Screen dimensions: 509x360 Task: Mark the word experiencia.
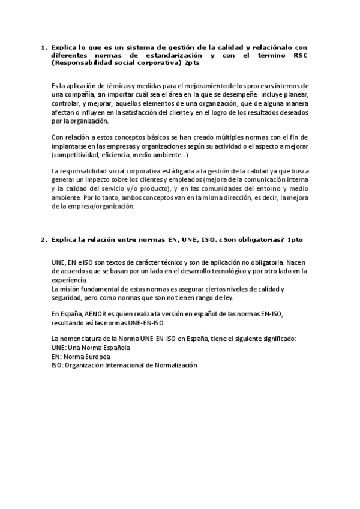point(69,280)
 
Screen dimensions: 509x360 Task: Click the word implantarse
point(70,146)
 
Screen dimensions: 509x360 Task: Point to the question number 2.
point(43,239)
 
